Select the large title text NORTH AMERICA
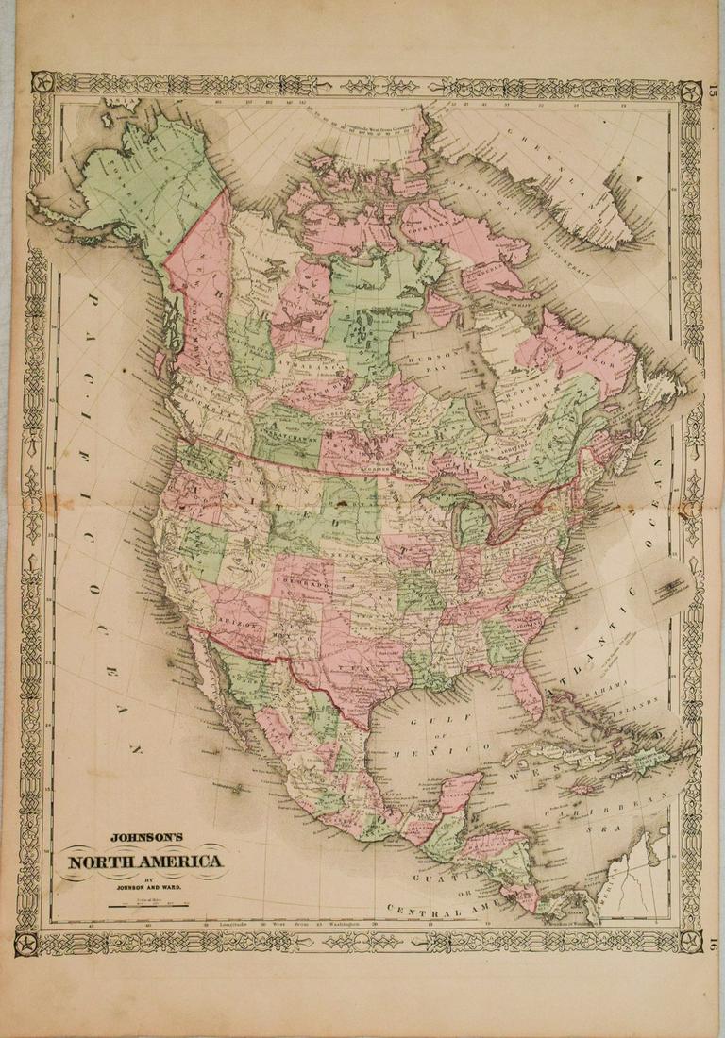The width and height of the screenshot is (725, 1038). pos(143,861)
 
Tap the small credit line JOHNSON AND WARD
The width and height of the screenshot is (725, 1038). pos(143,888)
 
